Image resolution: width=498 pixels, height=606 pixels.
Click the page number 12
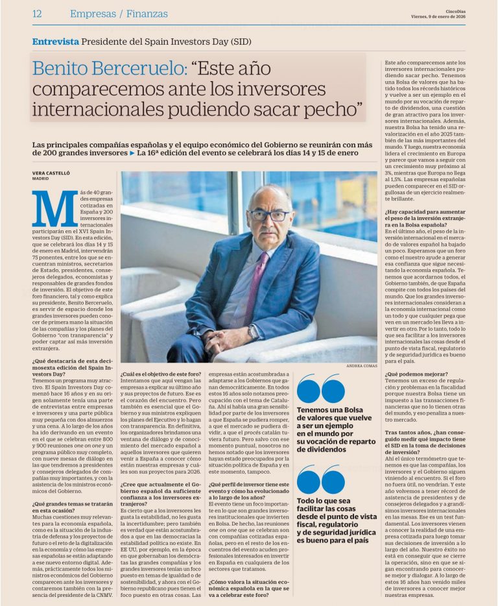[x=36, y=14]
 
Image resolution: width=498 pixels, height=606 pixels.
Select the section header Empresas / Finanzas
[x=119, y=14]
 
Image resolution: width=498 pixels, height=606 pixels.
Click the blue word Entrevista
[x=56, y=41]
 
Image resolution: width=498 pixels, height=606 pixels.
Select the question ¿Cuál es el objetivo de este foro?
[x=161, y=374]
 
